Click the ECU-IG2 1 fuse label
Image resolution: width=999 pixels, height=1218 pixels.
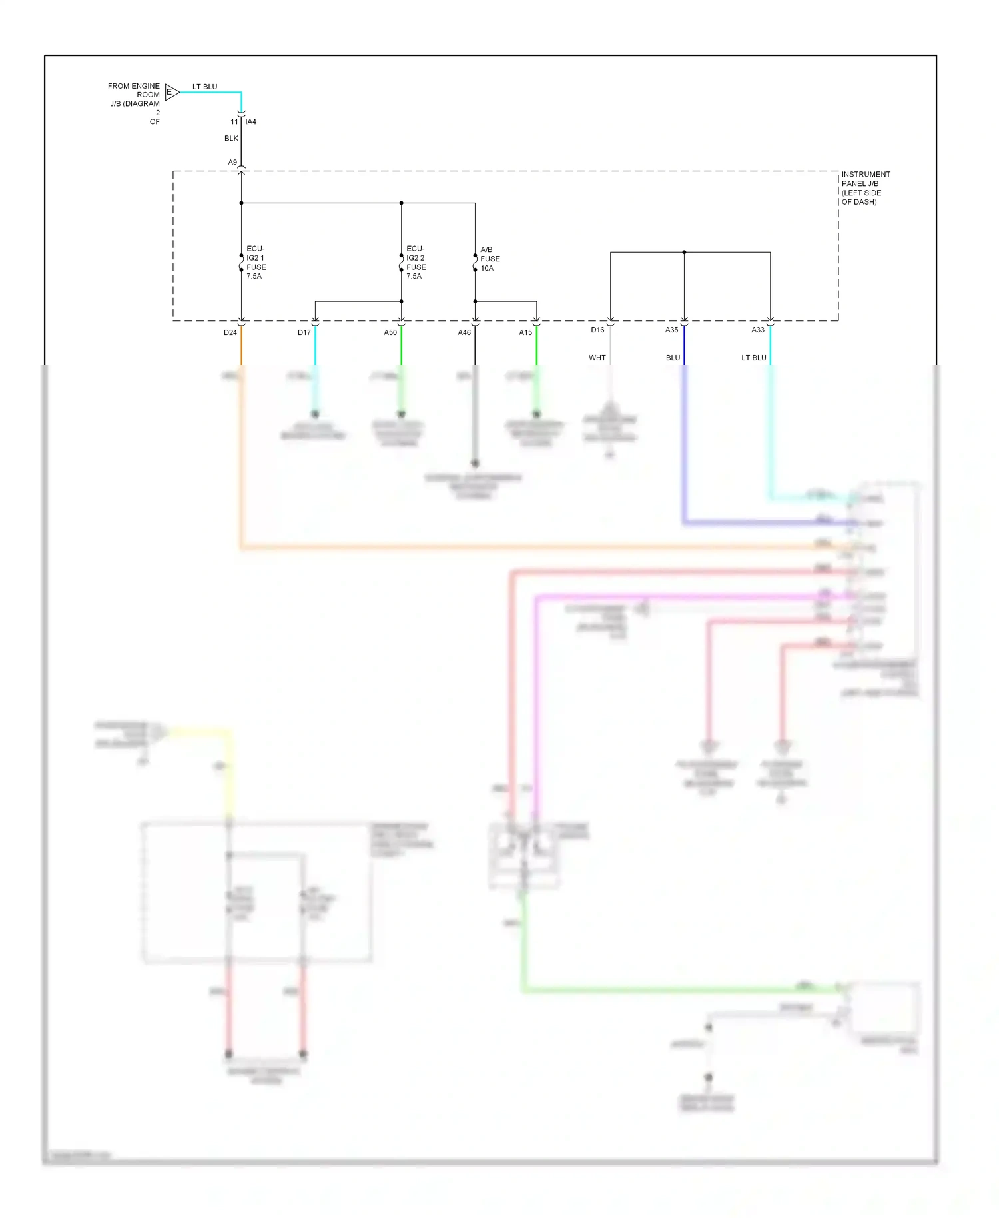[256, 262]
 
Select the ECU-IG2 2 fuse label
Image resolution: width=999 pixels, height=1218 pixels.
[416, 262]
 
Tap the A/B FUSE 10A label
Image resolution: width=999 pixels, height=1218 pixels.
[490, 259]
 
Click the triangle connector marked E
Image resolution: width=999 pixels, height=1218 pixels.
[171, 92]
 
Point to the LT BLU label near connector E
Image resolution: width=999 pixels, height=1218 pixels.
[204, 87]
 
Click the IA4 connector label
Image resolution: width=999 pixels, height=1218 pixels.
[250, 122]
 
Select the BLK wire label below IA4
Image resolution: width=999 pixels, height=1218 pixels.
[231, 139]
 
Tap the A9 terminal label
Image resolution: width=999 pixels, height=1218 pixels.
[232, 163]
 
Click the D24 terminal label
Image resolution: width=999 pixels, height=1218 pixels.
[230, 332]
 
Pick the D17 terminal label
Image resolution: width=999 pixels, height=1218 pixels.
[304, 332]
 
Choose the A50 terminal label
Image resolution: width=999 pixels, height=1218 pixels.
[390, 332]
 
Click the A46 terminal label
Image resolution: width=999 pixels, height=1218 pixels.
[464, 332]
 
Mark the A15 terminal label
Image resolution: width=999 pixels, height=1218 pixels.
[525, 332]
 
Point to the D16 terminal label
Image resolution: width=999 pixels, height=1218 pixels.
[597, 330]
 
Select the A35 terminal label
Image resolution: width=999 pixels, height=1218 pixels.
[671, 330]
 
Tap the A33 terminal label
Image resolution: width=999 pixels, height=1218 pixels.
[758, 330]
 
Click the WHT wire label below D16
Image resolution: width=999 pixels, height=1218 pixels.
[597, 358]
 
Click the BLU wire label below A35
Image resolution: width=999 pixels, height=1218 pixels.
[673, 358]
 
